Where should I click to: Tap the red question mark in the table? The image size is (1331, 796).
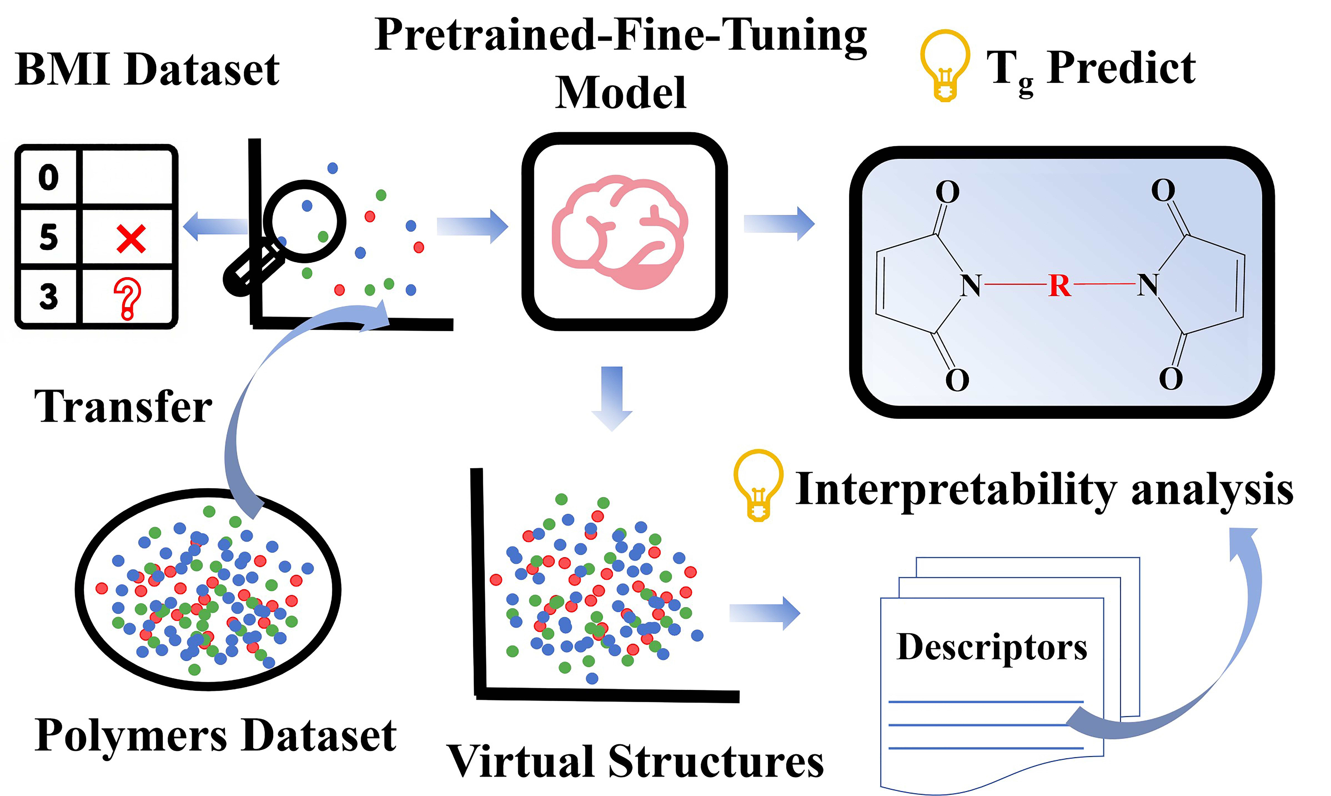pyautogui.click(x=128, y=298)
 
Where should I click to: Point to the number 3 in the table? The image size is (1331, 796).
pyautogui.click(x=48, y=297)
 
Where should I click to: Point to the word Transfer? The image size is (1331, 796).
pyautogui.click(x=123, y=407)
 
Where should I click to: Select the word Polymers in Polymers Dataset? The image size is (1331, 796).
pyautogui.click(x=131, y=735)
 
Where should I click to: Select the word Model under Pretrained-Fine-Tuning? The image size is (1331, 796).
pyautogui.click(x=621, y=93)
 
